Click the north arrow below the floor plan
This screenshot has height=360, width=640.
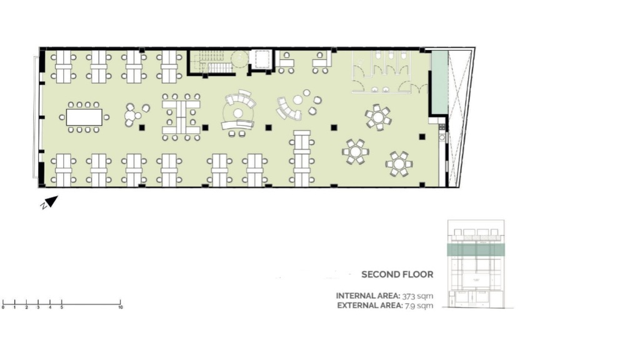[51, 202]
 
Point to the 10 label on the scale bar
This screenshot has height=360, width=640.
[121, 307]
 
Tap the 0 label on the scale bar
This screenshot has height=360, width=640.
[3, 307]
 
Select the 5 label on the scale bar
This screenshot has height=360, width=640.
[62, 307]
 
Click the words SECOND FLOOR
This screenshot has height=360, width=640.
[397, 274]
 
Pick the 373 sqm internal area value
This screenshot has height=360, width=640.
[417, 296]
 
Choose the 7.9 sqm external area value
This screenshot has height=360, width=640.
[419, 305]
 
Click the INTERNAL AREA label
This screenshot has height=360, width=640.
[367, 296]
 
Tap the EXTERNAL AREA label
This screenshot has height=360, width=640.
[370, 305]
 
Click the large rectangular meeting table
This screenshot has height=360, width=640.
[84, 117]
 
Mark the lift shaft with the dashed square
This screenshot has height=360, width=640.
[261, 60]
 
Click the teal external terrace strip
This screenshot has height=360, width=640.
[439, 82]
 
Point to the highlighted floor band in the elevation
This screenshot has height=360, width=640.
[476, 249]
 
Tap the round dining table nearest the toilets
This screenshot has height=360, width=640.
[378, 117]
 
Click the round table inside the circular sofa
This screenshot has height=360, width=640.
[237, 113]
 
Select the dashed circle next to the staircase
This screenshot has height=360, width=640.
[239, 59]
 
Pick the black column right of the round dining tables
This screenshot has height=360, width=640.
[422, 137]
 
